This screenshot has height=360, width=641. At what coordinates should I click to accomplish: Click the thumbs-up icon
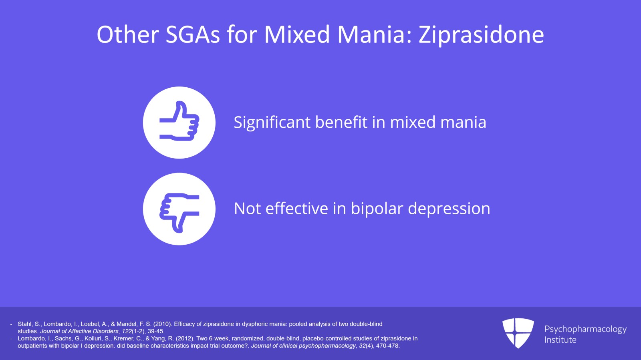[x=179, y=122]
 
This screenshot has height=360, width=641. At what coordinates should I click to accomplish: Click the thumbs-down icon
[x=179, y=209]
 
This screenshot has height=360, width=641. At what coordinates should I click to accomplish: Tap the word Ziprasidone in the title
[x=481, y=34]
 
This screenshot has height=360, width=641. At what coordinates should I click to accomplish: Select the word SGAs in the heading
[x=193, y=34]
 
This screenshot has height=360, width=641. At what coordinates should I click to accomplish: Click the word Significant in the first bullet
[x=272, y=123]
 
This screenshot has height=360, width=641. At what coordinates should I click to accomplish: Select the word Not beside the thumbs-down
[x=247, y=209]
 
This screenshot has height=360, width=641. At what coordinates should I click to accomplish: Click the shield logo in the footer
[x=518, y=333]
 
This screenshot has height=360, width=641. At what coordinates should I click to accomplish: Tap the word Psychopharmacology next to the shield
[x=585, y=329]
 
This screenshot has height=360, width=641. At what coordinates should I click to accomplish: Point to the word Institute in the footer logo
[x=560, y=340]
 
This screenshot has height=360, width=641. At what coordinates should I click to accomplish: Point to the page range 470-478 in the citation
[x=387, y=346]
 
